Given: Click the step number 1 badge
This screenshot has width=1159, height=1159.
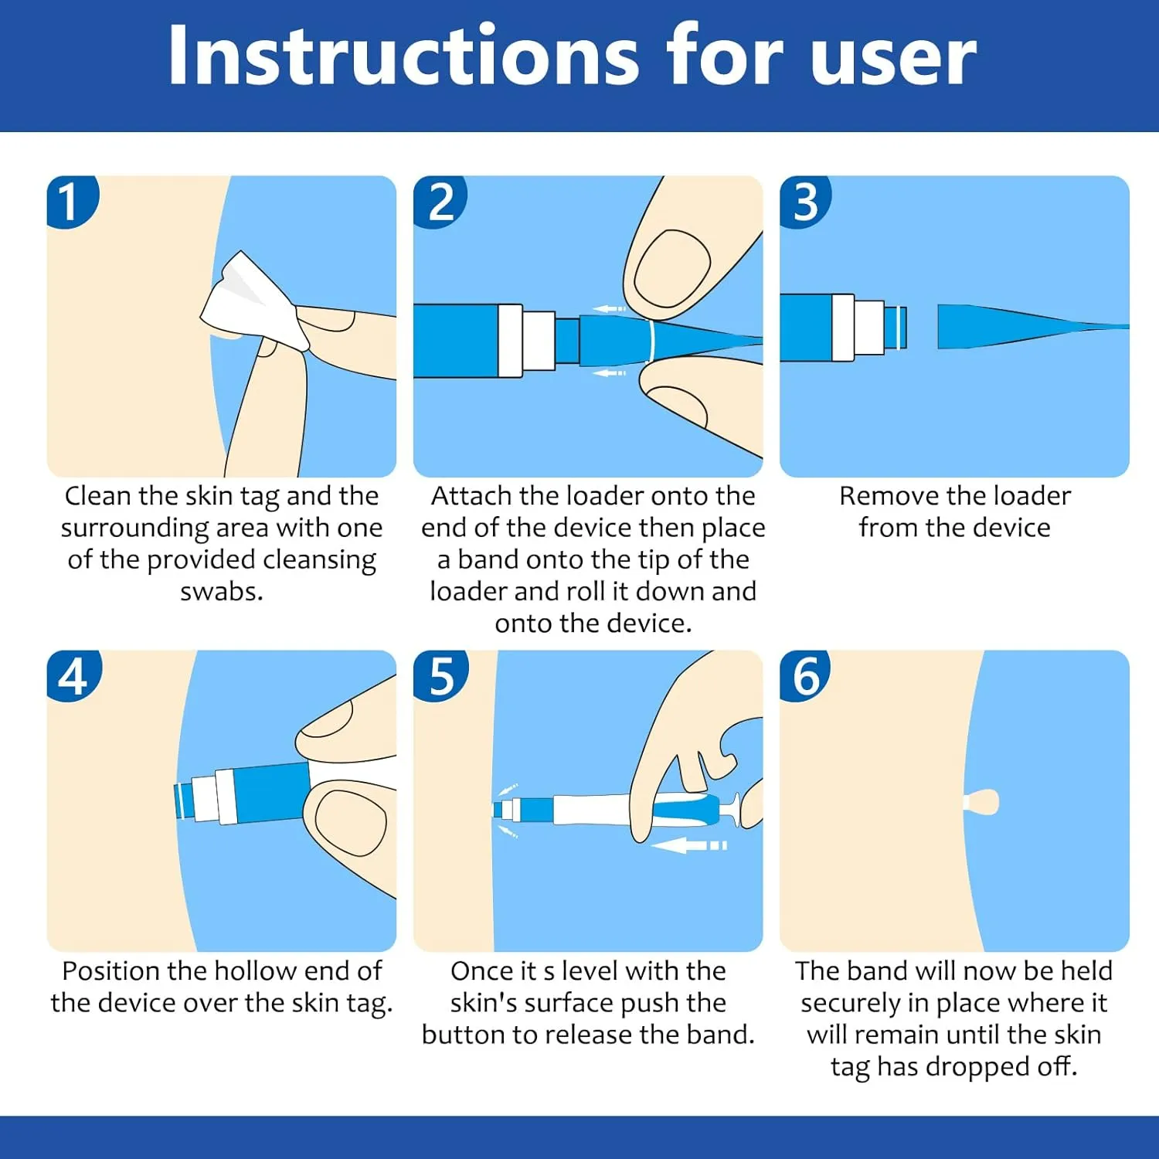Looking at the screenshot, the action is (72, 201).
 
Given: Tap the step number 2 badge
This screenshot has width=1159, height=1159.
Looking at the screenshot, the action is (440, 201).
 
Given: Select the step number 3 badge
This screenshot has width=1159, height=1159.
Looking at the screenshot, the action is (805, 201).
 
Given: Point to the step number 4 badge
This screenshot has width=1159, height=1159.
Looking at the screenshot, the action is (73, 675).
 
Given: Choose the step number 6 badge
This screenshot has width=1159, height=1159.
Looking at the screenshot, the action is (805, 675).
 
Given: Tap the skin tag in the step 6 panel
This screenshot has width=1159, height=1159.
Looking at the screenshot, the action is (981, 802).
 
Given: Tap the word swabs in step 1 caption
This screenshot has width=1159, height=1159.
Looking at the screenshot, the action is (222, 591).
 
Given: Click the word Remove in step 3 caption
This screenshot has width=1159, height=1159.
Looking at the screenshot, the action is (888, 496).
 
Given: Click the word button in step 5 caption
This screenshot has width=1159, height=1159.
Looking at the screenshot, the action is (467, 1035).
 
